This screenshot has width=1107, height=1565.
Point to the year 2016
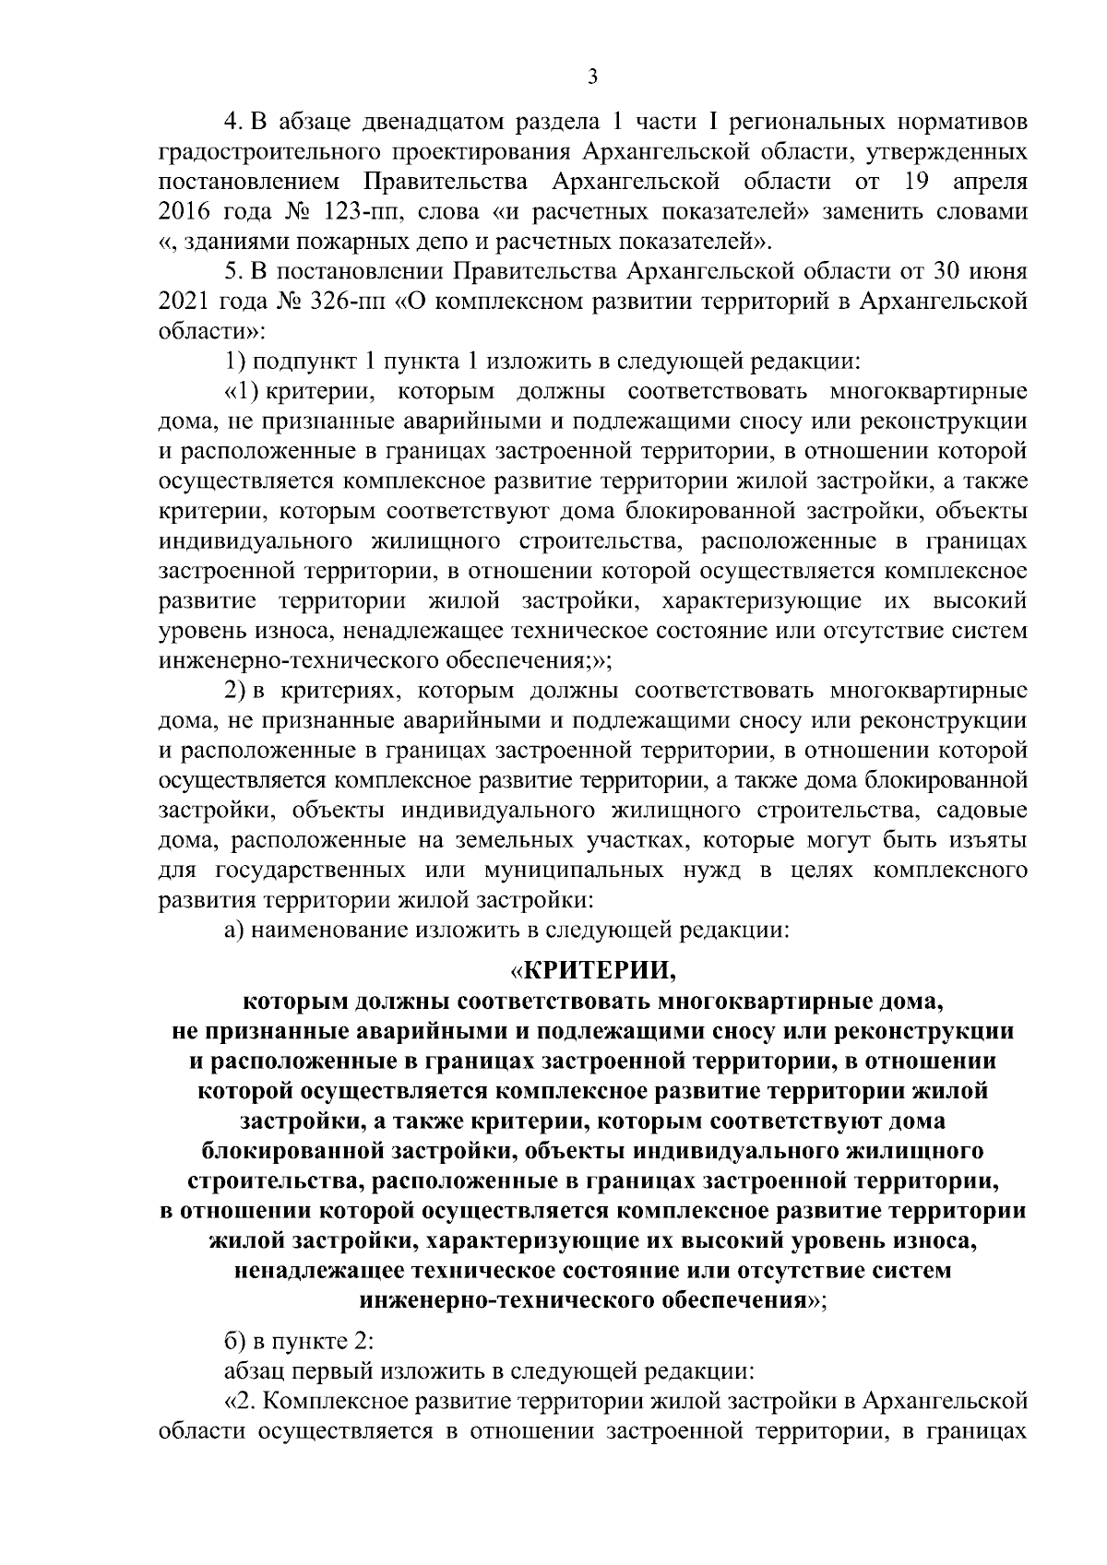coord(184,212)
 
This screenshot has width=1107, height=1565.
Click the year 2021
coord(184,302)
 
